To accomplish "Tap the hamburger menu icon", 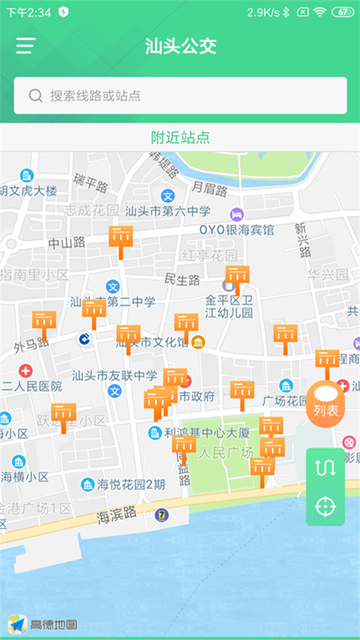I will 26,45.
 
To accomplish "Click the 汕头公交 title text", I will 181,46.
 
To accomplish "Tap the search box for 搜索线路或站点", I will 180,95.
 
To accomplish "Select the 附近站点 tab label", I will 180,137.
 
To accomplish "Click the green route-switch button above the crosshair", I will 325,467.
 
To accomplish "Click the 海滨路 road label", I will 117,515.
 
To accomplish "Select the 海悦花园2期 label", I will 131,485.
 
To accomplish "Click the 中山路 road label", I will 67,243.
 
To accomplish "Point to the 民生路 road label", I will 182,279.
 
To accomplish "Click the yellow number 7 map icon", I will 162,515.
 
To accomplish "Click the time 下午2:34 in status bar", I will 29,12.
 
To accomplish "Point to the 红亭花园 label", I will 210,256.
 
